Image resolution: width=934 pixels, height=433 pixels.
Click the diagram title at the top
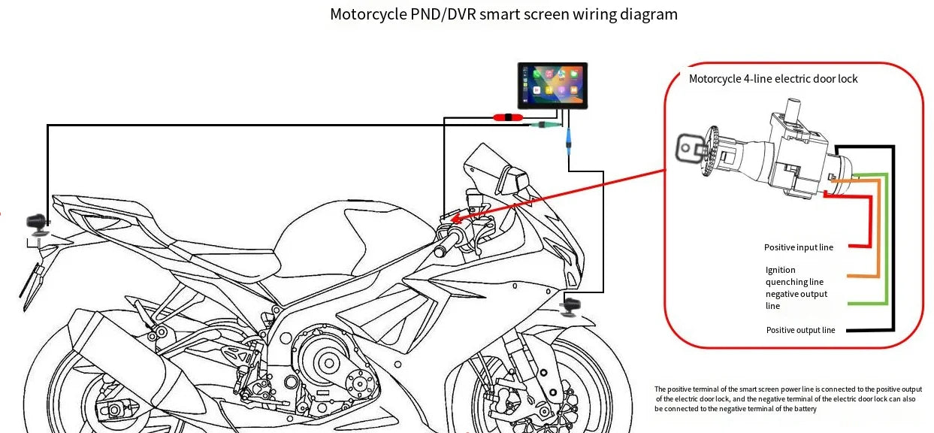[x=503, y=14]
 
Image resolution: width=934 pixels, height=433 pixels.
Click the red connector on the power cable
[x=508, y=117]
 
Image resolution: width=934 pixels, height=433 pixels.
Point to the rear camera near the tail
[x=36, y=223]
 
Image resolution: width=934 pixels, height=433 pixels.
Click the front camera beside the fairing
[x=573, y=306]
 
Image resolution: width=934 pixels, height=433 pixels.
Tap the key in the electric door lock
[x=689, y=148]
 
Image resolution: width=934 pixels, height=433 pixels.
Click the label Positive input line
[x=798, y=247]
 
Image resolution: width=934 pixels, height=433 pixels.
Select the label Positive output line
[x=800, y=330]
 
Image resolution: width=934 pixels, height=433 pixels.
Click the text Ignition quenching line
[x=789, y=276]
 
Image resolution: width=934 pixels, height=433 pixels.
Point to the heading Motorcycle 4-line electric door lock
[x=773, y=79]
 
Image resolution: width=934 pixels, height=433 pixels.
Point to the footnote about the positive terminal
[x=784, y=398]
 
